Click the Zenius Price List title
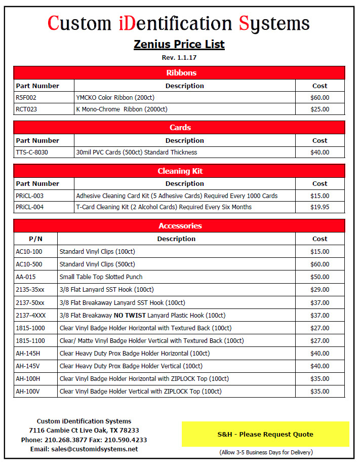179,44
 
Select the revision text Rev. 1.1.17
179,58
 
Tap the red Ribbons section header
179,72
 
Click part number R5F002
26,98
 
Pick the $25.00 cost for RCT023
319,109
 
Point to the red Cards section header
179,127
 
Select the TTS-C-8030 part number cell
32,152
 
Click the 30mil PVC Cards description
136,152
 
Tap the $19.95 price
319,207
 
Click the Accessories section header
179,225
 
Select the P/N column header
35,239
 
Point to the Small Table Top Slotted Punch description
101,277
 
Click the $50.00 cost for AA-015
319,277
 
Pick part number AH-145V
28,366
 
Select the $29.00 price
319,289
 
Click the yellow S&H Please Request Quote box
265,434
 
